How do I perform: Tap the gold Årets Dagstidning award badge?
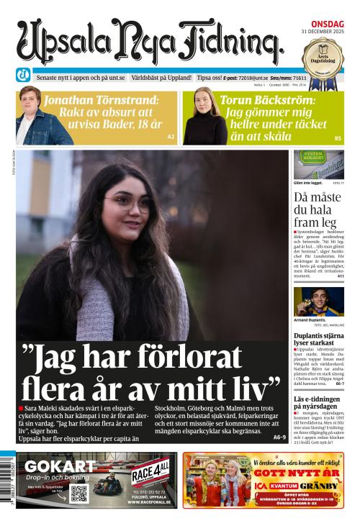coord(322,55)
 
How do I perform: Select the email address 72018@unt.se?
coord(254,77)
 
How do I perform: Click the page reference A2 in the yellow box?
coord(171,136)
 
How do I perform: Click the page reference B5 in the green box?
coord(338,137)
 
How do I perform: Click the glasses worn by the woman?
coord(127,203)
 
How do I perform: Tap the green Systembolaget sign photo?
coord(318,165)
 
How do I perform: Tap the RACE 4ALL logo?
coord(151,473)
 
